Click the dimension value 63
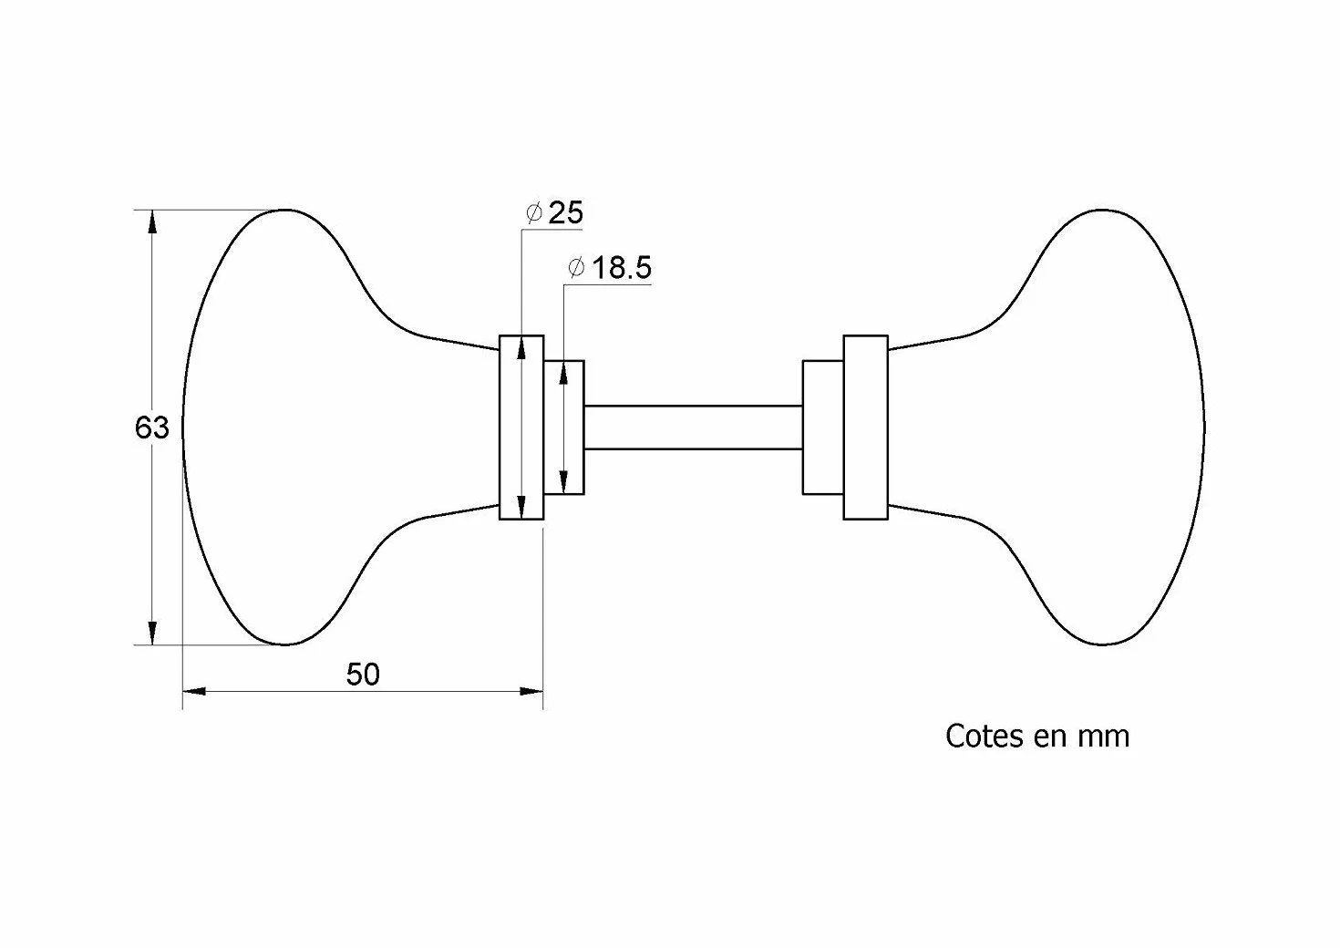point(151,428)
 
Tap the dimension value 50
point(363,675)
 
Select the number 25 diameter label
point(565,213)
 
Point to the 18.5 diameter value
point(622,268)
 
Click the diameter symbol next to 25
point(533,212)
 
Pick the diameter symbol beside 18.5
point(575,267)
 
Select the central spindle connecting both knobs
point(694,428)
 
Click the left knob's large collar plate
point(521,428)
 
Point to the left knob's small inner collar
point(564,428)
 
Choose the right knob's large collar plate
point(866,428)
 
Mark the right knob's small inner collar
point(823,428)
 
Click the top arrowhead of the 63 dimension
point(152,222)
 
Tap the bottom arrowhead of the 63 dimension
point(152,634)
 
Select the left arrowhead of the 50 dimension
point(194,692)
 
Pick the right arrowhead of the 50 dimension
point(531,692)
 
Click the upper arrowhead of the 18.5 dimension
point(563,372)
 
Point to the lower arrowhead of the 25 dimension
point(521,508)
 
